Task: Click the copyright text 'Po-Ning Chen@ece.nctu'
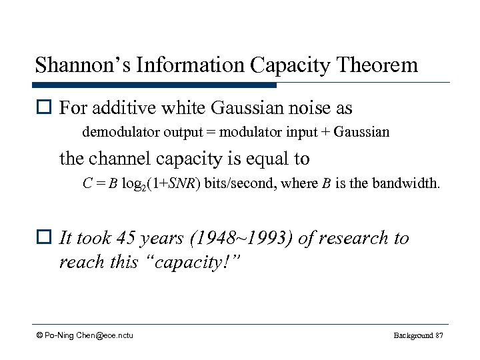(x=88, y=335)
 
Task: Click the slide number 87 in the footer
(x=438, y=335)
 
